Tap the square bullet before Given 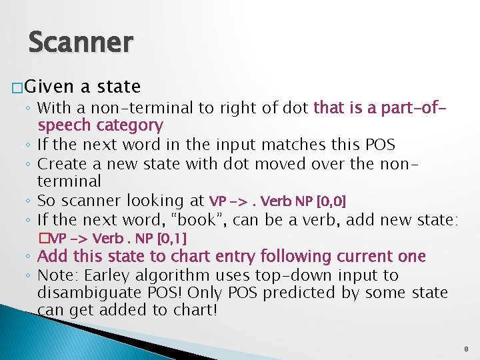click(18, 87)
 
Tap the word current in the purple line click(372, 256)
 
